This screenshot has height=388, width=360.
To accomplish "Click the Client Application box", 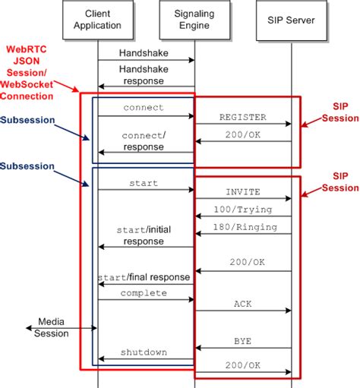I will [x=98, y=20].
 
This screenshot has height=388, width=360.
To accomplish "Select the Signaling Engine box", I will [x=194, y=20].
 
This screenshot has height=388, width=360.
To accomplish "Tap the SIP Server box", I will [x=292, y=20].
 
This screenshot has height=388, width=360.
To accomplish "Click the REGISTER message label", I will [x=242, y=117].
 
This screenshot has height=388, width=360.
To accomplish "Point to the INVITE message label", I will [x=242, y=192].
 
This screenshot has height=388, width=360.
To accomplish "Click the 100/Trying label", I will [x=242, y=208].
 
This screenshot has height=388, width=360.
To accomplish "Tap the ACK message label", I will [x=242, y=303].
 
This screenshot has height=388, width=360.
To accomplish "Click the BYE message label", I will [x=242, y=342].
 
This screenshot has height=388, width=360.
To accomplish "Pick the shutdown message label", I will [x=144, y=352].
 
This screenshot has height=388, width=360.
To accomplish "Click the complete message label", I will [x=144, y=292].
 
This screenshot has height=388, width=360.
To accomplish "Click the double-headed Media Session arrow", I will [x=61, y=328].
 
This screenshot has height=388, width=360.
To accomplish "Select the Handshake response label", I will [x=144, y=74].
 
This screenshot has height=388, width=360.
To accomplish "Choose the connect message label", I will [x=144, y=108].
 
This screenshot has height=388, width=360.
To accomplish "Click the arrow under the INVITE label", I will [x=242, y=199].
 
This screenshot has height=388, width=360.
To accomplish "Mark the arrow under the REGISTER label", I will [x=242, y=124].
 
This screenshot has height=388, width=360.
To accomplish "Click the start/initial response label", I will [x=144, y=235].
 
